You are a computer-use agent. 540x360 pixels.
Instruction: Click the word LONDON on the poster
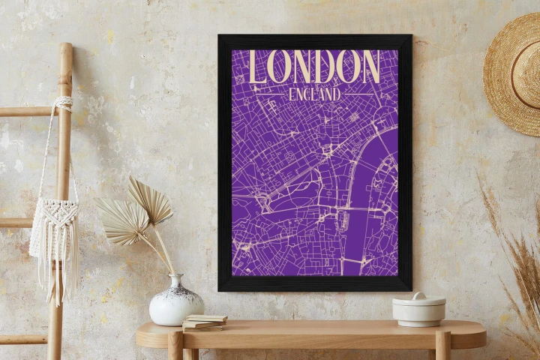tap(314, 67)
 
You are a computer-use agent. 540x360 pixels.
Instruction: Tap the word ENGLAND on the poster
tap(314, 94)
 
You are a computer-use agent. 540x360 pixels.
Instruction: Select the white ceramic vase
tap(175, 302)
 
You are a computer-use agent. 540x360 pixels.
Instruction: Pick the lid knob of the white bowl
tap(418, 295)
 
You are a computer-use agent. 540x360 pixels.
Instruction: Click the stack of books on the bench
tap(204, 322)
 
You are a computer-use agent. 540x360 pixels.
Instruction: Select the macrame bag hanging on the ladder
tap(54, 225)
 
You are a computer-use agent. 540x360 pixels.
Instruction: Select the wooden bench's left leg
tap(175, 347)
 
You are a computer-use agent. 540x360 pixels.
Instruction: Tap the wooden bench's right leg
tap(442, 347)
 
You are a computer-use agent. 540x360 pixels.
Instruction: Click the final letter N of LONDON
tap(370, 67)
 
